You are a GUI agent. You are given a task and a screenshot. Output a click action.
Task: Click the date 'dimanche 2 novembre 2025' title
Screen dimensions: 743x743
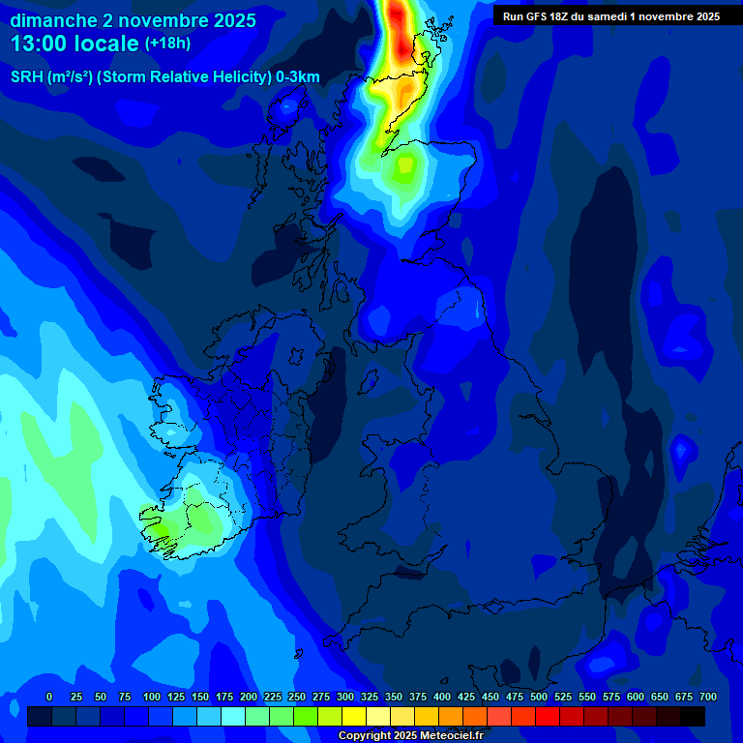coord(133,20)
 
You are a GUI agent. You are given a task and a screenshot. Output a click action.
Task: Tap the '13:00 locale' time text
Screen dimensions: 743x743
coord(74,44)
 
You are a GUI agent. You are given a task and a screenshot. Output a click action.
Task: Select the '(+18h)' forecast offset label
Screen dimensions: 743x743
coord(167,44)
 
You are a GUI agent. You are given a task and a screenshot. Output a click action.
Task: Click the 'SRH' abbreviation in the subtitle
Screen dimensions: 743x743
coord(27,77)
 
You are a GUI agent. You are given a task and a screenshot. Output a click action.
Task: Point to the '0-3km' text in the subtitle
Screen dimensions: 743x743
coord(298,77)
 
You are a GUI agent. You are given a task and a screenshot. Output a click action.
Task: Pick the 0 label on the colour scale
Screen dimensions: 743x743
coord(49,697)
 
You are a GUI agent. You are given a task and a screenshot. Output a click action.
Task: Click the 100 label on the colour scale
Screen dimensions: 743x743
coord(152,697)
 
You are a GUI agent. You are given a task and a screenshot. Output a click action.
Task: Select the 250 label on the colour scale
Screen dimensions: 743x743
coord(297,697)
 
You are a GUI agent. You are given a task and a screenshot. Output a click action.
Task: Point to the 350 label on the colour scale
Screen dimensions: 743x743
coord(394,697)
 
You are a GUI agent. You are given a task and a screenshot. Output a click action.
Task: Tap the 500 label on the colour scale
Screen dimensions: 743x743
coord(539,697)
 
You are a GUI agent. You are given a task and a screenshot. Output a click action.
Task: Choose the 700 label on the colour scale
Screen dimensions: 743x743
coord(708,697)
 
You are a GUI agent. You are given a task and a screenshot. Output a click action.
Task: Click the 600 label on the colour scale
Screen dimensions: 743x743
coord(636,697)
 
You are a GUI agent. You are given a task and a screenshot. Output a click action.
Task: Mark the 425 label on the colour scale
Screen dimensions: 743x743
coord(466,697)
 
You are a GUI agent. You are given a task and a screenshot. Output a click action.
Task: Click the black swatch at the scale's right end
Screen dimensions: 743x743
coord(693,716)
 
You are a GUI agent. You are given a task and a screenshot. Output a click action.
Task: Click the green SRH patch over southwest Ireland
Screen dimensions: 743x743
coord(193,518)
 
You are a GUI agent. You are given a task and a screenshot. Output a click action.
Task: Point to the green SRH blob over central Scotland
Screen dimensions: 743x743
coord(403,169)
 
